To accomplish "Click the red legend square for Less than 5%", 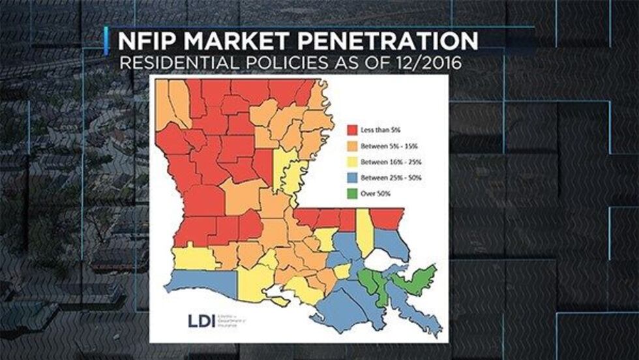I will point(353,129).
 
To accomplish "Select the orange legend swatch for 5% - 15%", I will point(353,145).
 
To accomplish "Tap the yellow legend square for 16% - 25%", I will point(353,161).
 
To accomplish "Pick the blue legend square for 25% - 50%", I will point(353,177).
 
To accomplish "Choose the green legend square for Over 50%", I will point(353,193).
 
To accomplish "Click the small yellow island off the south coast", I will point(280,301).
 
